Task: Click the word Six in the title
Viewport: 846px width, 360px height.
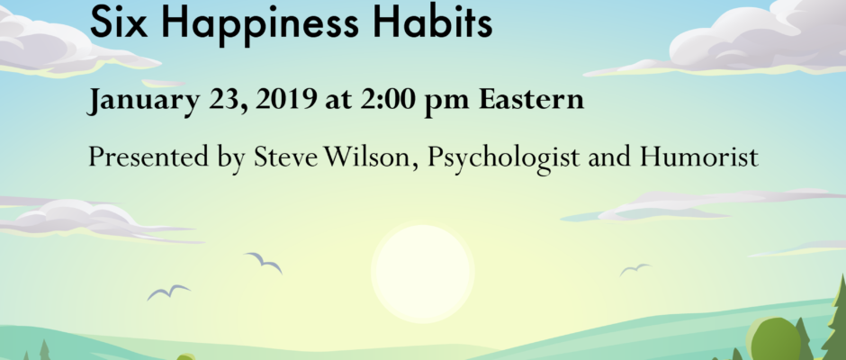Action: tap(118, 22)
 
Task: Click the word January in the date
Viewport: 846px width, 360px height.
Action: tap(142, 101)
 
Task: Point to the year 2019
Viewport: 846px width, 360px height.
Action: tap(286, 99)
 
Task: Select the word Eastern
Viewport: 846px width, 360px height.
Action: tap(531, 99)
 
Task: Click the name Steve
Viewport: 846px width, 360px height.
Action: tap(286, 157)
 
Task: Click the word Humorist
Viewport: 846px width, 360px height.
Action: tap(699, 157)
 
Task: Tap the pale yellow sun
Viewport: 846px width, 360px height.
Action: tap(422, 273)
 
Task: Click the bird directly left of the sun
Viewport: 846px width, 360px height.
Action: tap(264, 262)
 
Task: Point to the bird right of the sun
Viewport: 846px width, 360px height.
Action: tap(635, 269)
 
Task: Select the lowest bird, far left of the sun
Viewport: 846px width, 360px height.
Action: tap(168, 292)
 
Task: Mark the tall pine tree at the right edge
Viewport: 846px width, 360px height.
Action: tap(835, 320)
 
